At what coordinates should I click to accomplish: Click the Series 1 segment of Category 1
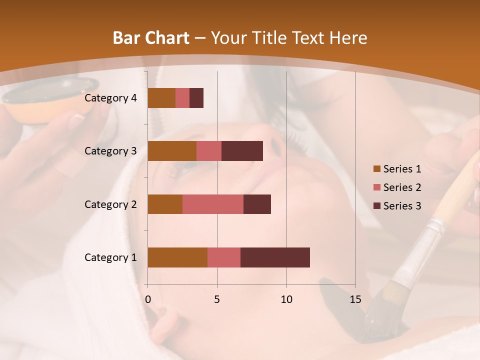coord(177,257)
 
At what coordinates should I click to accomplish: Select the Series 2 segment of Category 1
coord(224,257)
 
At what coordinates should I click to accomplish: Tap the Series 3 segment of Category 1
coord(275,257)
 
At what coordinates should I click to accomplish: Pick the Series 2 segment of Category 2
coord(213,204)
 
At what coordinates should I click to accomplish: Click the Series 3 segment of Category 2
coord(257,204)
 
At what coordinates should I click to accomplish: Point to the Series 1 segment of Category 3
coord(172,151)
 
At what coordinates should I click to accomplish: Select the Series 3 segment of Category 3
coord(242,151)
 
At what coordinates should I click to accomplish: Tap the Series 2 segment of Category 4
coord(182,98)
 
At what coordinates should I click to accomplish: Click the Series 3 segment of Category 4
coord(196,98)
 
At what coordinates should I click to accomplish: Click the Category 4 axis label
coord(110,98)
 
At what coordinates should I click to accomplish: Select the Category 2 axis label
coord(110,204)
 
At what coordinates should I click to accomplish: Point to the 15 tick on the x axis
coord(355,299)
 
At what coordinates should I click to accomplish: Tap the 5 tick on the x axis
coord(217,299)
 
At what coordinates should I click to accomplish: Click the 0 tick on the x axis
coord(148,299)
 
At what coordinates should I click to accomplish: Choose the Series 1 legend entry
coord(397,169)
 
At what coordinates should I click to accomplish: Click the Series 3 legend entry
coord(397,206)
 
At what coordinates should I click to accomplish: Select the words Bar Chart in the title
coord(151,38)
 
